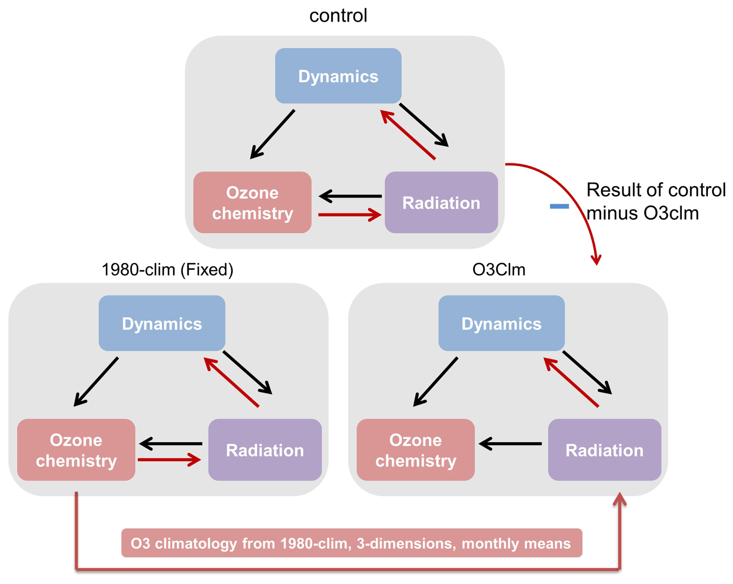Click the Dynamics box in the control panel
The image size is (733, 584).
click(338, 76)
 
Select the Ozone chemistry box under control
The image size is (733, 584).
click(252, 203)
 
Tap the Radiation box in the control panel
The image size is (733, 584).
click(441, 203)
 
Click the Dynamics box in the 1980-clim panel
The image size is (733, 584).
click(162, 323)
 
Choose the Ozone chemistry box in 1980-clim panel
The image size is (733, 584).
click(76, 450)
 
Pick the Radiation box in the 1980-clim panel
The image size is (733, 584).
click(265, 450)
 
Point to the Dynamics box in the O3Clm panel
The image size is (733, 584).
click(501, 323)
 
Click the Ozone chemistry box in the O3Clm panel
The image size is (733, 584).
click(415, 450)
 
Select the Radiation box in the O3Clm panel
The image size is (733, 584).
click(604, 450)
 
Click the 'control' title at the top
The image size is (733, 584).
click(338, 15)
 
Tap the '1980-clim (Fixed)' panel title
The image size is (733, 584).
click(167, 270)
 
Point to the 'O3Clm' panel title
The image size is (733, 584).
click(499, 270)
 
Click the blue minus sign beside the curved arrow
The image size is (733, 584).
click(559, 206)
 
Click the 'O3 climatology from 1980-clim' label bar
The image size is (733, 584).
click(351, 543)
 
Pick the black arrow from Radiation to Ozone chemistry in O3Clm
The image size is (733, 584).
click(510, 444)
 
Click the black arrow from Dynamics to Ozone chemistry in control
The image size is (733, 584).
click(272, 134)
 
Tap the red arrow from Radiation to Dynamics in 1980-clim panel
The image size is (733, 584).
click(231, 382)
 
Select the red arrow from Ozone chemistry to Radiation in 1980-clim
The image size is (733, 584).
click(169, 460)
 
